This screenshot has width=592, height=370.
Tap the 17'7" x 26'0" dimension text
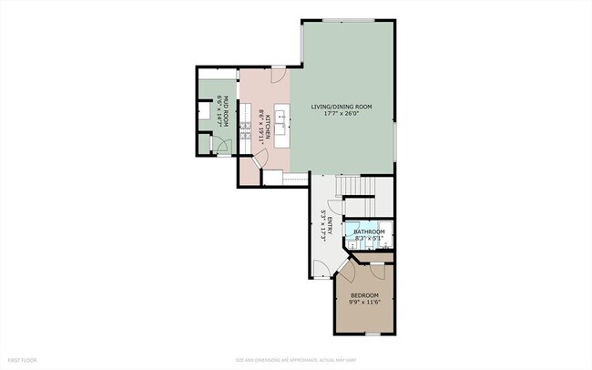(342, 116)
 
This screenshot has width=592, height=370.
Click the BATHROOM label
(370, 232)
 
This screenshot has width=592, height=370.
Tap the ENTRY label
(331, 224)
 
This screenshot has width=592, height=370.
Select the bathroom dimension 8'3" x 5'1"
(370, 240)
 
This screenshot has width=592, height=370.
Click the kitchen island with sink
(282, 119)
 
